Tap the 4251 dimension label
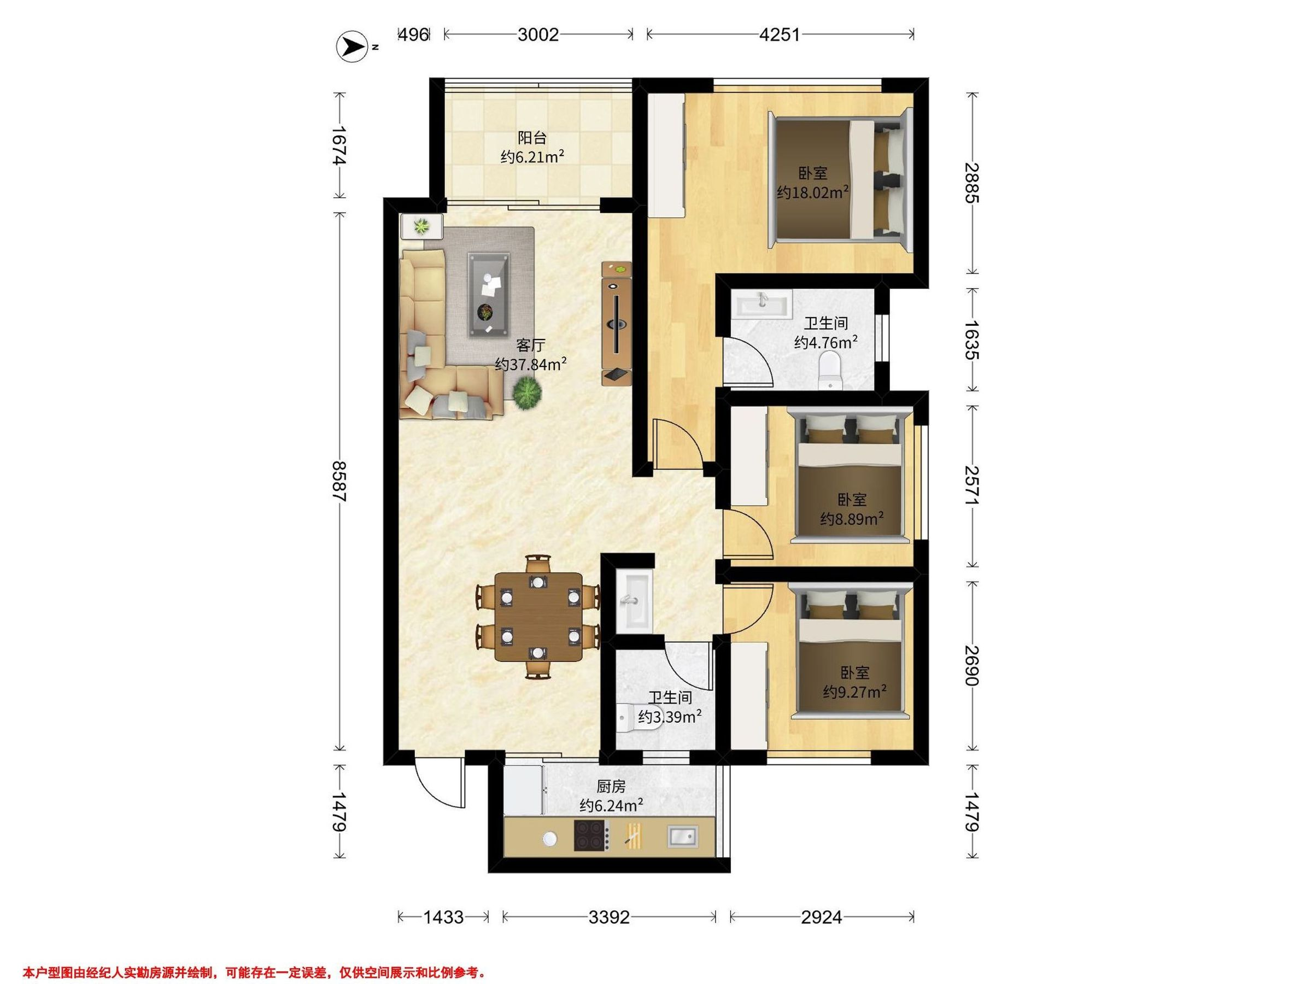(x=780, y=35)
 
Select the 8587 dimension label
(x=339, y=481)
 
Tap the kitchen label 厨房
(x=611, y=787)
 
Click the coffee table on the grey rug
(x=489, y=295)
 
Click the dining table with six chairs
(x=538, y=616)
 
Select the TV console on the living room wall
(x=617, y=323)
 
